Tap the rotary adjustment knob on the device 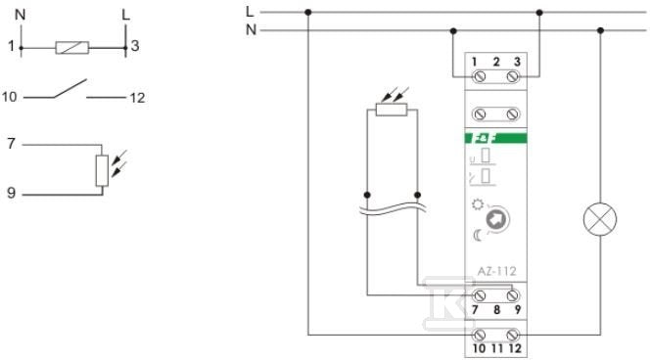pos(496,219)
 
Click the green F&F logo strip pos(495,138)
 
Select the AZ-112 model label pos(496,271)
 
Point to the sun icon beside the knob pos(478,204)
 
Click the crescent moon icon pos(478,235)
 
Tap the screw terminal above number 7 pos(480,295)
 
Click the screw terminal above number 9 pos(513,295)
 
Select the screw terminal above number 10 pos(480,335)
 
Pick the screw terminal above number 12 pos(513,335)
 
